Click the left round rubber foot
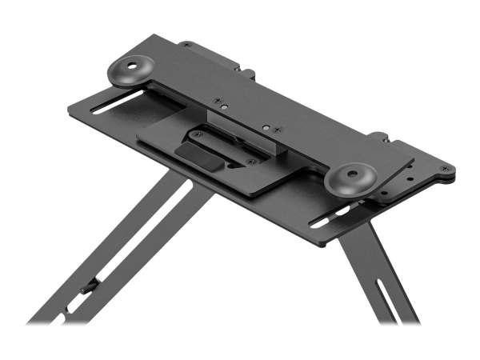tap(131, 70)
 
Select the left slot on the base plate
tap(118, 102)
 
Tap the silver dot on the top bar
tap(226, 107)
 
